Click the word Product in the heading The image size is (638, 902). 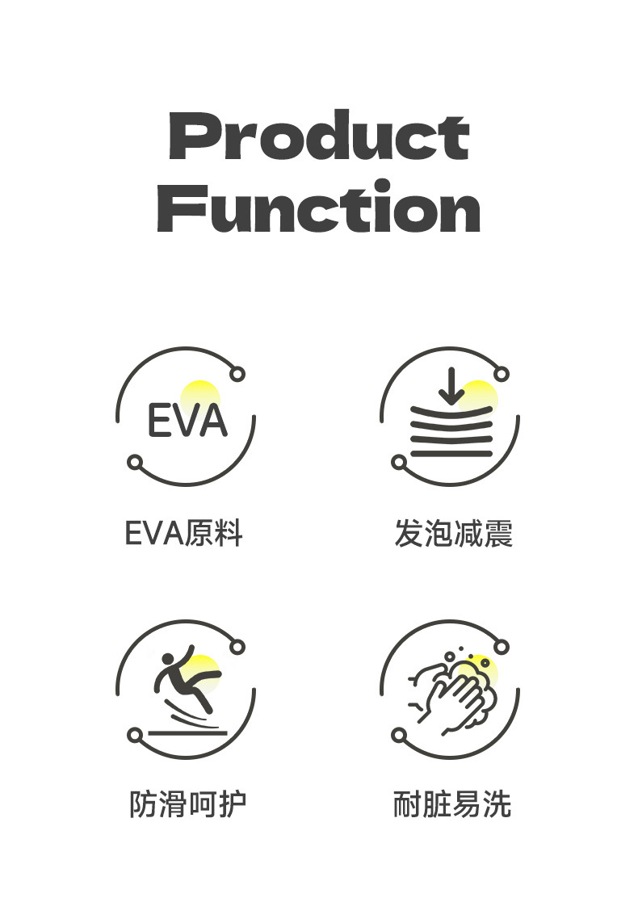click(x=319, y=137)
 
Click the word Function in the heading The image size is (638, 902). click(x=319, y=208)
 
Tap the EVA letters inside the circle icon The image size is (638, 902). click(x=187, y=421)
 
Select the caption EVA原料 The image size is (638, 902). click(x=184, y=534)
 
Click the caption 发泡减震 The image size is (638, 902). click(x=453, y=534)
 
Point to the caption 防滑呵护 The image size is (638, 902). click(x=187, y=804)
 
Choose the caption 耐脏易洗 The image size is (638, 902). click(x=452, y=804)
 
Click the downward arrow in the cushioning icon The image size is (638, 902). click(x=451, y=387)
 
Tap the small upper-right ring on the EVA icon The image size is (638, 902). click(x=237, y=374)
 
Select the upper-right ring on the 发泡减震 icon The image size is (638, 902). click(x=502, y=374)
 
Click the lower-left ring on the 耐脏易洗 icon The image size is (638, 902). click(x=399, y=735)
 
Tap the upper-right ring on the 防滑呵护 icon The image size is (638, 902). click(x=237, y=647)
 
